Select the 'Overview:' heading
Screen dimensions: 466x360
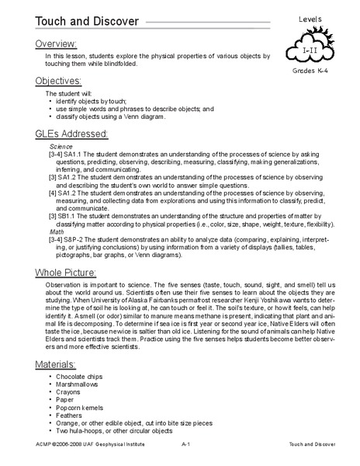point(55,44)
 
